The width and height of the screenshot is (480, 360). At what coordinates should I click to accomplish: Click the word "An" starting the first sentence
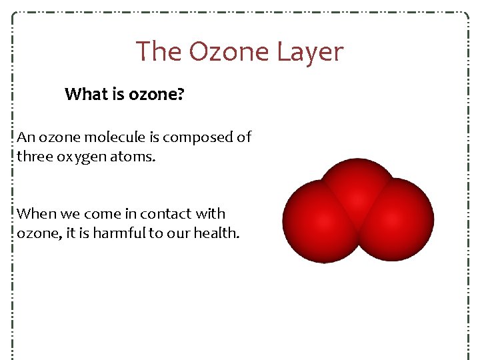tap(26, 137)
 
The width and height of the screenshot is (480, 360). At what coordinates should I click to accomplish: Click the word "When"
tap(37, 214)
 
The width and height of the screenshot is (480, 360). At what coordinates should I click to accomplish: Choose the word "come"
tap(107, 215)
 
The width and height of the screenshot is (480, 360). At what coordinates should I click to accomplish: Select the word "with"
tap(211, 214)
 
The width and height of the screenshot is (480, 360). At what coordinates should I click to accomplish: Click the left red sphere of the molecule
tap(317, 220)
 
